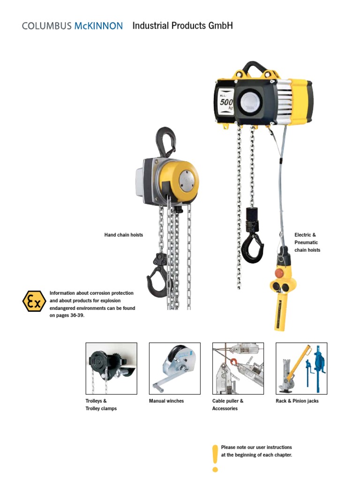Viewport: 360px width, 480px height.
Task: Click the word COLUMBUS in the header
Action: (47, 26)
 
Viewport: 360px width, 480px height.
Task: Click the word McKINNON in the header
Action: (98, 26)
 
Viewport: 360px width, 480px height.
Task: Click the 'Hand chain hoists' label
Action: (123, 235)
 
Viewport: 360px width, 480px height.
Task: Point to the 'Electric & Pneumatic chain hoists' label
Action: (307, 242)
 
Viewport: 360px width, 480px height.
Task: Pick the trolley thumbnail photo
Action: (112, 368)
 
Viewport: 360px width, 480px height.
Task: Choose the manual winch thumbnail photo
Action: (174, 368)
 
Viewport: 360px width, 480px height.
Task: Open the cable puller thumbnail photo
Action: (238, 368)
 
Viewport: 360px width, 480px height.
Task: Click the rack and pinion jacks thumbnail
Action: (301, 368)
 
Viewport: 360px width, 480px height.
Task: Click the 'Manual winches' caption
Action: (166, 401)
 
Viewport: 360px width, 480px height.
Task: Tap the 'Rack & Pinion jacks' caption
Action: (297, 401)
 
